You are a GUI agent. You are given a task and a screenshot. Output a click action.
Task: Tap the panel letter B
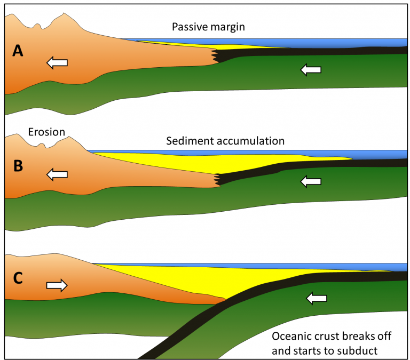tap(18, 166)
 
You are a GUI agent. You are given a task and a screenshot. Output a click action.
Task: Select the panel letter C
tap(19, 278)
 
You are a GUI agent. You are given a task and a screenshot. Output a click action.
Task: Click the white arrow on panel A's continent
tap(57, 63)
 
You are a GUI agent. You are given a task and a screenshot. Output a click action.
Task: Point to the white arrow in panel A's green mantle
tap(312, 69)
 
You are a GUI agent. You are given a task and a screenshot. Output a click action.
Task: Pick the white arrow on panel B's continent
tap(57, 174)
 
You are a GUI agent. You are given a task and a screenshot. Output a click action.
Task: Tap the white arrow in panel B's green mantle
tap(312, 182)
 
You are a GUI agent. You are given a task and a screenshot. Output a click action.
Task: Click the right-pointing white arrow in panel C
tap(57, 285)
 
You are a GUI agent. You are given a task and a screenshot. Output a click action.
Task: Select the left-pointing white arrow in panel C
tap(315, 299)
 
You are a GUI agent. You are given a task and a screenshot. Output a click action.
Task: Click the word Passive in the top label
tap(189, 27)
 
